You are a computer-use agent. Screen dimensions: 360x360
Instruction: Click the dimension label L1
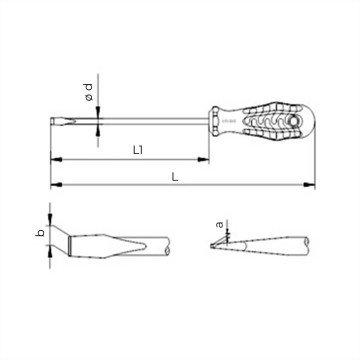click(139, 151)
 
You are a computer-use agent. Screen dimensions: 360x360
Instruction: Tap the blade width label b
click(37, 235)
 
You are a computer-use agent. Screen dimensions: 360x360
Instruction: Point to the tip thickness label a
click(220, 225)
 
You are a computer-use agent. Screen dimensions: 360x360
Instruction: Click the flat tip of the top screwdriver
click(49, 121)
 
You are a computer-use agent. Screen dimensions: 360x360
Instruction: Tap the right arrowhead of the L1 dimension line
click(207, 160)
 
